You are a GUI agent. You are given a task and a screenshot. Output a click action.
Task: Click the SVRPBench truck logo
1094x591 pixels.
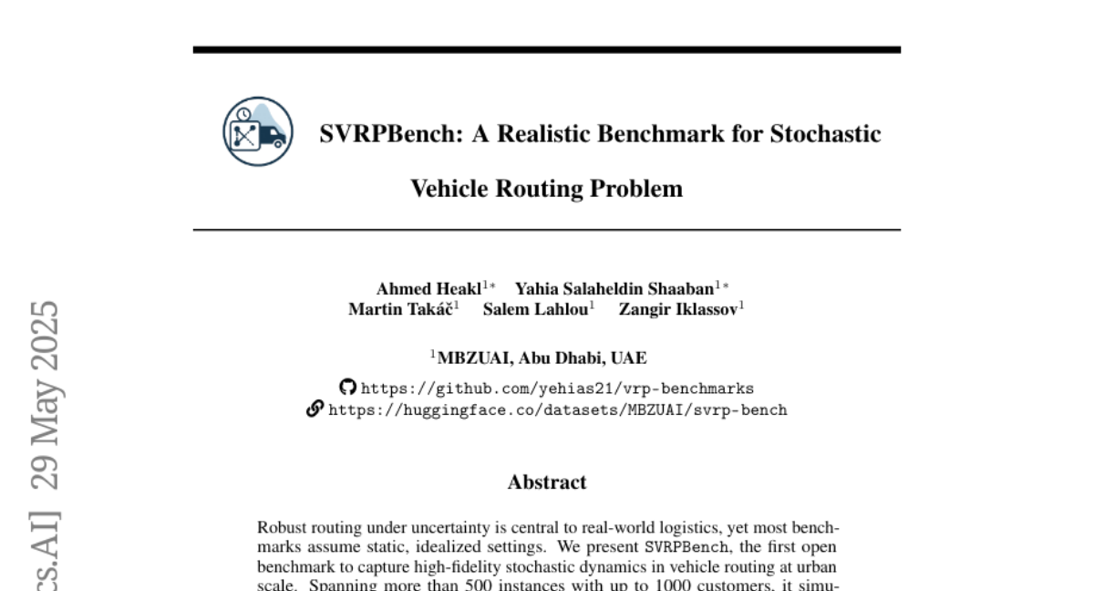pos(258,131)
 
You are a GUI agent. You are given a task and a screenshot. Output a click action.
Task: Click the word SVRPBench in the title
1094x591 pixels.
pos(391,134)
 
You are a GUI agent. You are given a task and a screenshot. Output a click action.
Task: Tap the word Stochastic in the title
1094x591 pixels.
pos(825,134)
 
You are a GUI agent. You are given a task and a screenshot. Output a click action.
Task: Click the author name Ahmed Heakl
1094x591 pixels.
pos(429,289)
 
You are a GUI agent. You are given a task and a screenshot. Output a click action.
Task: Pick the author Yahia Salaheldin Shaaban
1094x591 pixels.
pos(614,289)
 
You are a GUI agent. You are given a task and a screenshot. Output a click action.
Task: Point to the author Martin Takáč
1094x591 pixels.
pos(400,309)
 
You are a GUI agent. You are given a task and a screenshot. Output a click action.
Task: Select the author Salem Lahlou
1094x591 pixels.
pos(535,309)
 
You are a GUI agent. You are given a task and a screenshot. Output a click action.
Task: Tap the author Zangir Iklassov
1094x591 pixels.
pos(678,309)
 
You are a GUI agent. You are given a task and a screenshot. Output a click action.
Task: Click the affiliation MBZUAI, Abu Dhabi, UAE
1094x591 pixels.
pos(542,358)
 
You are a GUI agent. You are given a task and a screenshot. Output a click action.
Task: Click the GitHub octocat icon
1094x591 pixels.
pos(347,388)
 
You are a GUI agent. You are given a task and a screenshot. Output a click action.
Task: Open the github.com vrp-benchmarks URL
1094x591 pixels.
pos(557,389)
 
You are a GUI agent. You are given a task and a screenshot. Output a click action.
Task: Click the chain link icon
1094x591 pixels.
pos(315,410)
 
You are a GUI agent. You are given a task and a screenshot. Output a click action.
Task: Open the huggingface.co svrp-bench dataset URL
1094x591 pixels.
pos(557,410)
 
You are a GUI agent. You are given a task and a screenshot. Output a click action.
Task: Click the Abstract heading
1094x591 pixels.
pos(547,482)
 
